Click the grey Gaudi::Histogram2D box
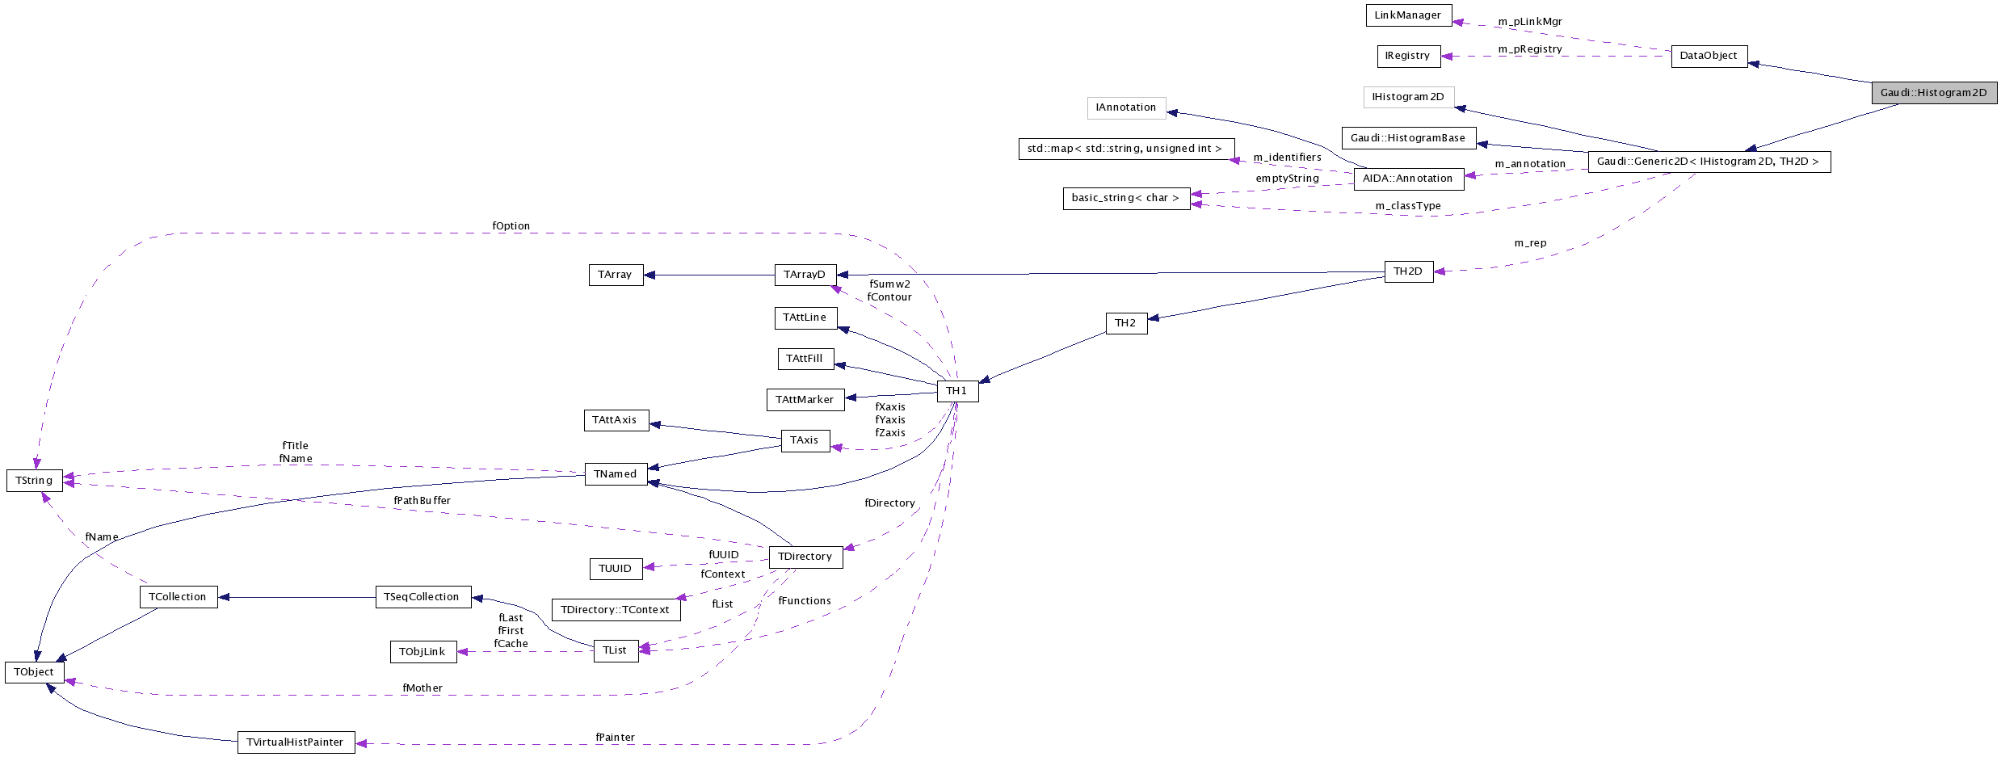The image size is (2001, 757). coord(1933,93)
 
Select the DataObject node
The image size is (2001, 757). coord(1709,56)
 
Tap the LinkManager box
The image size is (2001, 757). coord(1408,15)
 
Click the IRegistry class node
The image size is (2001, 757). coord(1408,56)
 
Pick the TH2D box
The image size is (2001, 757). coord(1408,271)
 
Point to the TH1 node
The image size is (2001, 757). coord(957,391)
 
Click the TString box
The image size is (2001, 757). coord(34,481)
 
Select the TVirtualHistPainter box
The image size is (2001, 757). coord(296,742)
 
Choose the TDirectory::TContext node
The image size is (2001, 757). coord(615,610)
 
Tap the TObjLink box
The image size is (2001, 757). coord(422,652)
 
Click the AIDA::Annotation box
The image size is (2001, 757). coord(1408,179)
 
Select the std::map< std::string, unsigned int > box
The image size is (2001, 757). coord(1125,149)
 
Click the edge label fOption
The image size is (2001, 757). coord(511,226)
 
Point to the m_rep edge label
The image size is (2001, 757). coord(1530,243)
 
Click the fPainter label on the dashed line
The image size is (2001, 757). coord(615,738)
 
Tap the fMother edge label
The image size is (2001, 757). coord(422,688)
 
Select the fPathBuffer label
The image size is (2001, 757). coord(422,501)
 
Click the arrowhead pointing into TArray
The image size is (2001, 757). coord(649,275)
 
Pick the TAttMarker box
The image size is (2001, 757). coord(805,400)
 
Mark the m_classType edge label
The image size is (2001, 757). coord(1408,206)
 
